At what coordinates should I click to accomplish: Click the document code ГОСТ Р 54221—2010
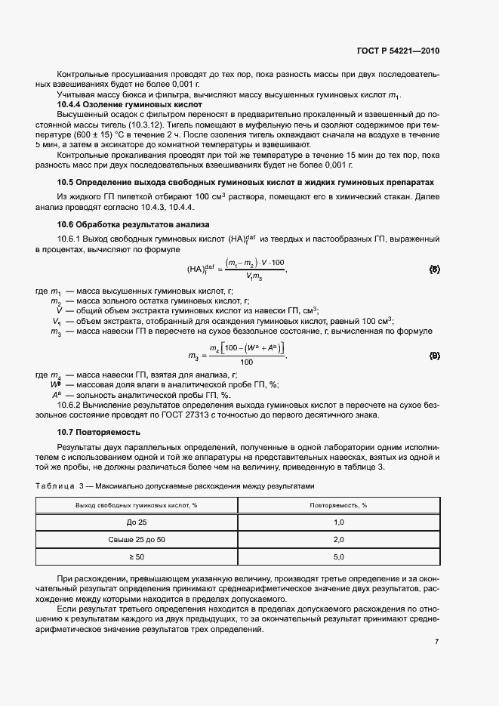pyautogui.click(x=397, y=51)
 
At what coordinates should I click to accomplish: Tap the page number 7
pyautogui.click(x=436, y=642)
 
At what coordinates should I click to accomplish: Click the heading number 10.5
pyautogui.click(x=65, y=183)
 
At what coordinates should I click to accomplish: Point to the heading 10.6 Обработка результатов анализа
pyautogui.click(x=128, y=225)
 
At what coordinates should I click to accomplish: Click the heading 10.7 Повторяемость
pyautogui.click(x=99, y=432)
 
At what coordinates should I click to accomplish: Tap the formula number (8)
pyautogui.click(x=434, y=269)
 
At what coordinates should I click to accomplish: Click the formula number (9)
pyautogui.click(x=434, y=354)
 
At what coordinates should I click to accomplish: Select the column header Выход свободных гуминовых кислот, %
pyautogui.click(x=137, y=504)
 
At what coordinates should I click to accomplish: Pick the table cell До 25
pyautogui.click(x=137, y=523)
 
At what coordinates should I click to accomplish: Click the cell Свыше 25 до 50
pyautogui.click(x=137, y=540)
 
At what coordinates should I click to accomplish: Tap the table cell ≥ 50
pyautogui.click(x=137, y=557)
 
